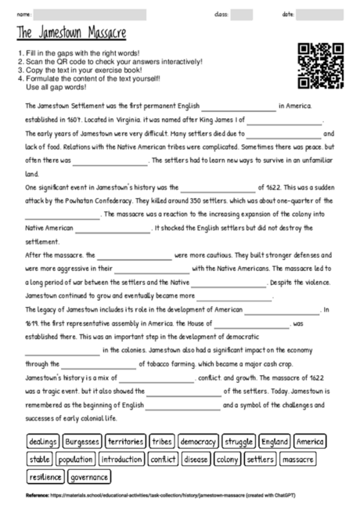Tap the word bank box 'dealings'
coord(43,442)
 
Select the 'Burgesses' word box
coord(82,442)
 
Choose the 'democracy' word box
coord(198,442)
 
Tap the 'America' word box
coord(311,442)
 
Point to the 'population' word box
coord(75,459)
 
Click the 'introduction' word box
coord(121,459)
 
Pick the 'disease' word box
coord(196,459)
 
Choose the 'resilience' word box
coord(45,476)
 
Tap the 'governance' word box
coord(89,476)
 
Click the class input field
coord(241,14)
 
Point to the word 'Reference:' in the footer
coord(37,496)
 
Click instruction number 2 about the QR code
coord(110,61)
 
